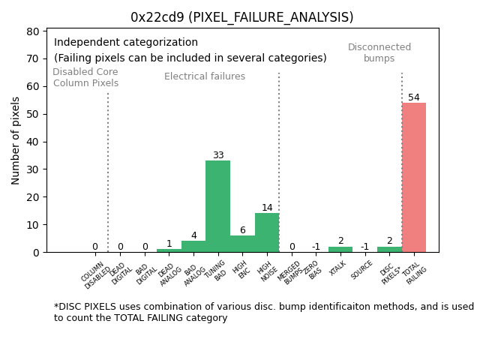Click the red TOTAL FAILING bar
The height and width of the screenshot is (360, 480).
(x=413, y=178)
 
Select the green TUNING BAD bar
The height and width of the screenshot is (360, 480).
(x=217, y=206)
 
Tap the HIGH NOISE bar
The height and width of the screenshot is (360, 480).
(x=267, y=232)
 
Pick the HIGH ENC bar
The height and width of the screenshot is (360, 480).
(x=242, y=244)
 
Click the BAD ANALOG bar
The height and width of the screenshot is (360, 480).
(x=193, y=247)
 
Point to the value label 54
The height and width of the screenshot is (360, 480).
(x=414, y=97)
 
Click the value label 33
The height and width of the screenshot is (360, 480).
(x=218, y=155)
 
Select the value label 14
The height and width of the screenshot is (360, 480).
(x=267, y=208)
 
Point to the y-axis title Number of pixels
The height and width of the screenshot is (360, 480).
(x=16, y=140)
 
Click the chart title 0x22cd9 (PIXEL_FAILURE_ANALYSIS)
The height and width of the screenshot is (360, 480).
(x=241, y=17)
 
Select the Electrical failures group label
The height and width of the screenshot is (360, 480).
(x=205, y=76)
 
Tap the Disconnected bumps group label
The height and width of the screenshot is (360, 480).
(x=379, y=52)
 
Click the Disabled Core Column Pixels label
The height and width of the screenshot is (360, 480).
(x=85, y=77)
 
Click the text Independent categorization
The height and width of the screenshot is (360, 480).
(x=126, y=43)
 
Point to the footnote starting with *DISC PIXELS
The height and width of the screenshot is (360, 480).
(x=263, y=312)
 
